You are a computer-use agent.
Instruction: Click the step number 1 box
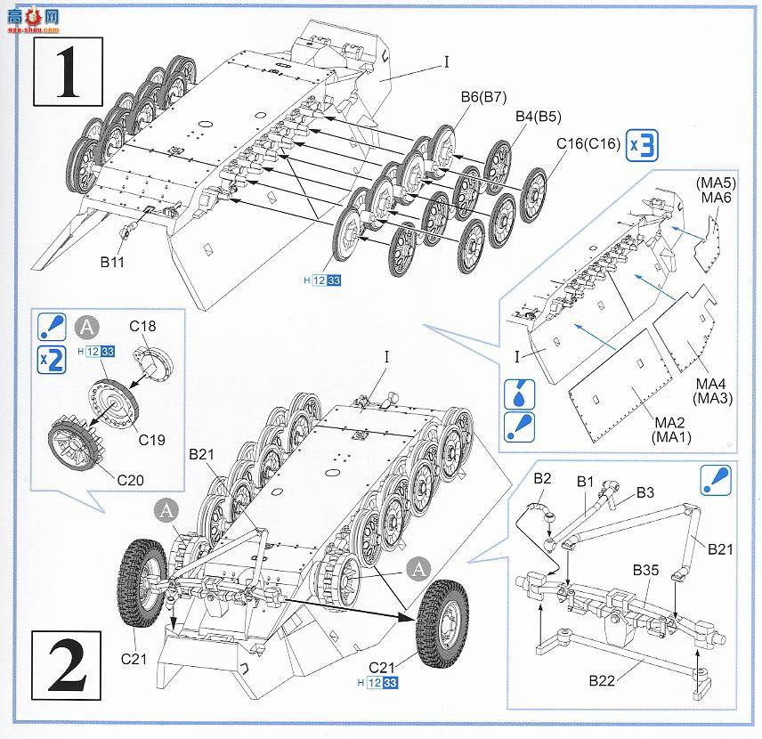click(x=67, y=69)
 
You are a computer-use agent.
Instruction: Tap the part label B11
click(x=111, y=264)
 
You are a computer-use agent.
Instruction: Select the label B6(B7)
click(x=483, y=100)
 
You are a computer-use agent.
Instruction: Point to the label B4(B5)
click(x=538, y=118)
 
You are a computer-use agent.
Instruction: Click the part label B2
click(x=542, y=478)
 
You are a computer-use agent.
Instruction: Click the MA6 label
click(x=716, y=198)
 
